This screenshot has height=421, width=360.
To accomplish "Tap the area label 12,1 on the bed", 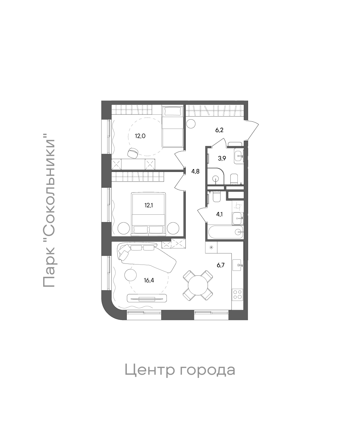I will tap(148, 206).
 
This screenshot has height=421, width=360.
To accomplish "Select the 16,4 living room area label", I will tap(149, 280).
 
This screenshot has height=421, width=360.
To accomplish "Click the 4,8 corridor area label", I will tap(195, 172).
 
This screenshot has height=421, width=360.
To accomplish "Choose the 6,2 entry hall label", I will tap(220, 130).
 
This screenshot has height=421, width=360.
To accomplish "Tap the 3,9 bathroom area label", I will tap(222, 158).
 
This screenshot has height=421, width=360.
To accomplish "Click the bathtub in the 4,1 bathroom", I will tap(225, 232).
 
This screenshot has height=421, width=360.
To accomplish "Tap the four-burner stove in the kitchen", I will tap(237, 294).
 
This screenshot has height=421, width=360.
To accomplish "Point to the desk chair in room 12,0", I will tap(133, 152).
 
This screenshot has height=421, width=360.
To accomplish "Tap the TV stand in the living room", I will tap(146, 299).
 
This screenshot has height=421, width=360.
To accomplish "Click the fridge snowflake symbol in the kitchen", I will tap(211, 247).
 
